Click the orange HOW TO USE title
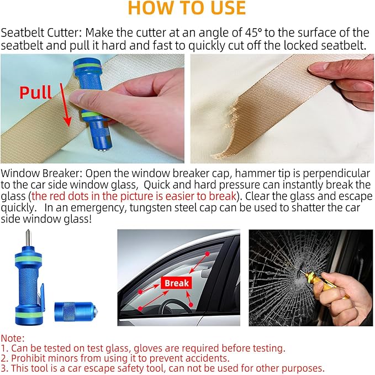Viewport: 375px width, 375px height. tap(187, 8)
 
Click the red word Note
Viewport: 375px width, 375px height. tap(12, 338)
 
